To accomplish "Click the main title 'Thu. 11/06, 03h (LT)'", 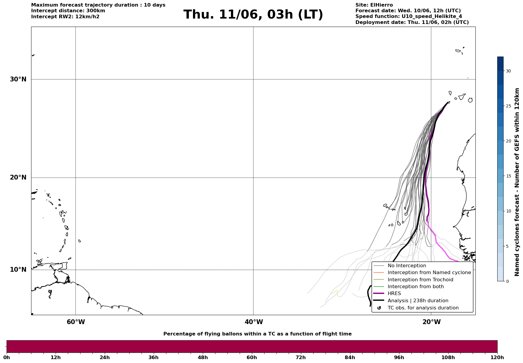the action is click(253, 15).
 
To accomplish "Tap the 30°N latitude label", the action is click(18, 79).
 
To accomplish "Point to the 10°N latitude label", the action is click(18, 270).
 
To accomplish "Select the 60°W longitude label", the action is click(76, 322).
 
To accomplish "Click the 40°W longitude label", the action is click(254, 322).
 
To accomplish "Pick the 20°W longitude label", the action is click(431, 322).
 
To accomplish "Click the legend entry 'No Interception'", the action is click(407, 266).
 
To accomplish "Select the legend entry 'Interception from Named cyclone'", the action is click(429, 273).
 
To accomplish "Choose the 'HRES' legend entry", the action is click(394, 294).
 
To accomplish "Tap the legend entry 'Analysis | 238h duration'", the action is click(418, 301).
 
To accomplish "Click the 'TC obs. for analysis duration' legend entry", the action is click(423, 308).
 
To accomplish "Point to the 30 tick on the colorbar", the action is click(508, 71).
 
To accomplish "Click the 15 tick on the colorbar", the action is click(508, 176).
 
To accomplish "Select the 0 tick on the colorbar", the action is click(507, 281).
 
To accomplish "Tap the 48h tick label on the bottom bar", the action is click(203, 358).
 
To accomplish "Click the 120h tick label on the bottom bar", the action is click(497, 358).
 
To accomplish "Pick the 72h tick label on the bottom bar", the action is click(301, 358).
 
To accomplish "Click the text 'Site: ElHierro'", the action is click(374, 5).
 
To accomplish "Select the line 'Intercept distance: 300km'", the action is click(68, 11).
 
